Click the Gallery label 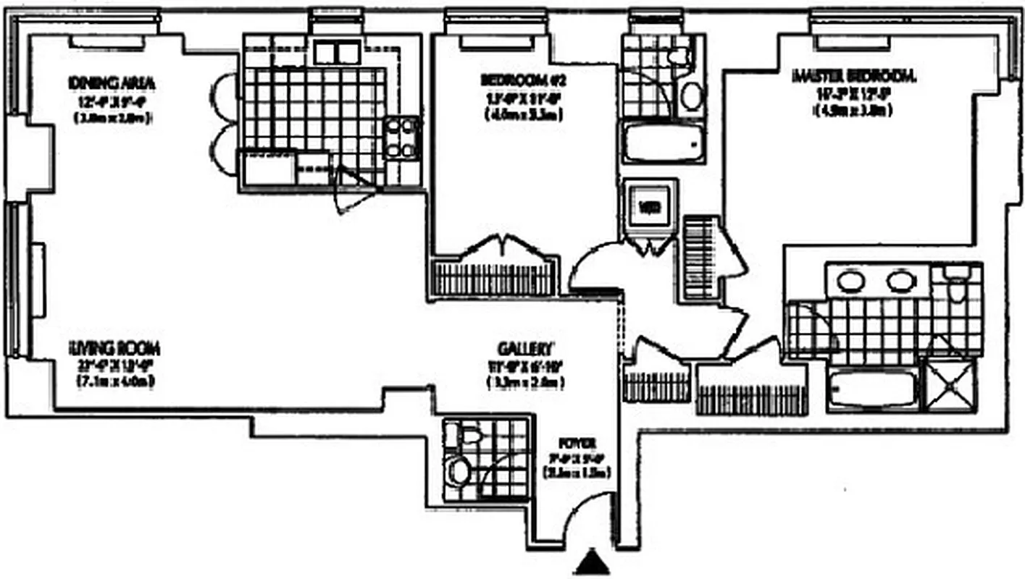pyautogui.click(x=526, y=347)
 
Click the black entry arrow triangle pyautogui.click(x=593, y=562)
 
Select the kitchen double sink pyautogui.click(x=336, y=52)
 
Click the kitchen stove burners pyautogui.click(x=402, y=138)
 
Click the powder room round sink pyautogui.click(x=459, y=471)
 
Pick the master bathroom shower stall pyautogui.click(x=952, y=383)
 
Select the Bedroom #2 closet pyautogui.click(x=495, y=277)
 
